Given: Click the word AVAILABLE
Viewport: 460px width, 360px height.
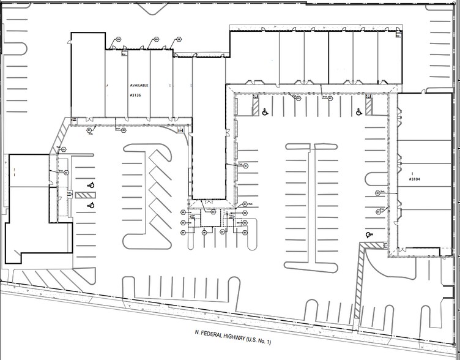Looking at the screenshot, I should click(139, 86).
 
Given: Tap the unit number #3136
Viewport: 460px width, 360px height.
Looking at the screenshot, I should click(136, 96).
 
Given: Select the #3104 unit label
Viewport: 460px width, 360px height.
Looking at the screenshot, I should click(417, 180).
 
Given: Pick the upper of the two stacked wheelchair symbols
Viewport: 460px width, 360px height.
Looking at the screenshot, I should click(91, 184).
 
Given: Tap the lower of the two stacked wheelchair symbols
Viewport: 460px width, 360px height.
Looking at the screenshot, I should click(91, 204).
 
